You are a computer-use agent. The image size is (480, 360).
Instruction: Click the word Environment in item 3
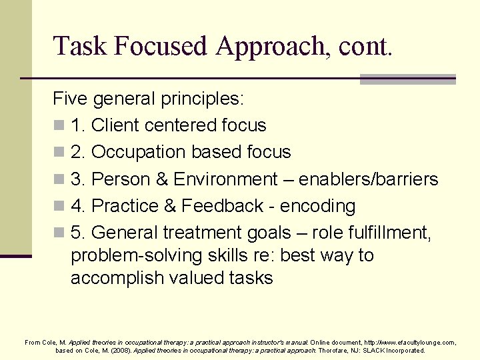point(225,179)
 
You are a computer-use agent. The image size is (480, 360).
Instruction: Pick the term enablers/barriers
point(369,179)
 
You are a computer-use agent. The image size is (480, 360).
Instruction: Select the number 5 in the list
point(75,233)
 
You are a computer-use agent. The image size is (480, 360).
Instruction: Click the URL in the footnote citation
point(408,342)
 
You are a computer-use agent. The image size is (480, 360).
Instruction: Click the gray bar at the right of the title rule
point(407,79)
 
